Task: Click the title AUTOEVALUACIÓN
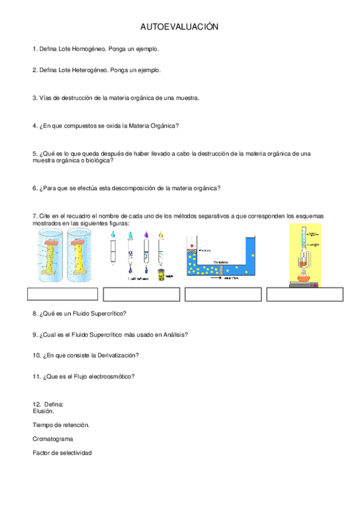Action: click(178, 27)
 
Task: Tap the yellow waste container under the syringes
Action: click(160, 275)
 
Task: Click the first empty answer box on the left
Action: click(63, 294)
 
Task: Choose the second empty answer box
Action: click(141, 294)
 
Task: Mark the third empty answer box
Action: click(223, 294)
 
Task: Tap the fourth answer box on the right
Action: click(305, 294)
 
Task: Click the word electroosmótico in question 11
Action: click(108, 376)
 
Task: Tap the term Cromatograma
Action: click(53, 439)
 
